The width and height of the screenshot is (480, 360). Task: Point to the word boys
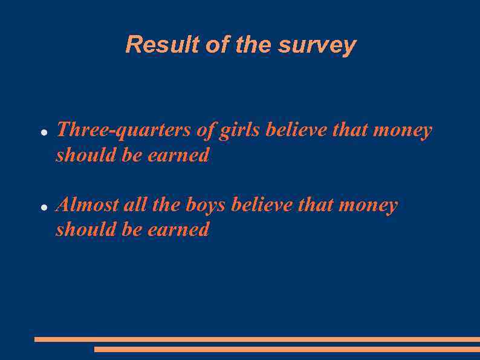pyautogui.click(x=206, y=205)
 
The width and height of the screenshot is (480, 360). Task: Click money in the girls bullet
pyautogui.click(x=403, y=131)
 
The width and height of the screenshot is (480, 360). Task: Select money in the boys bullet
pyautogui.click(x=368, y=206)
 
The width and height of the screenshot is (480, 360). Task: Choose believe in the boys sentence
pyautogui.click(x=262, y=205)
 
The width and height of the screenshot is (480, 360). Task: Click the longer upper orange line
pyautogui.click(x=257, y=339)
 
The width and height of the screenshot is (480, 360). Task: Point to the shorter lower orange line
pyautogui.click(x=287, y=349)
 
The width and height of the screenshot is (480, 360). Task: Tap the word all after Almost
pyautogui.click(x=135, y=205)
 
